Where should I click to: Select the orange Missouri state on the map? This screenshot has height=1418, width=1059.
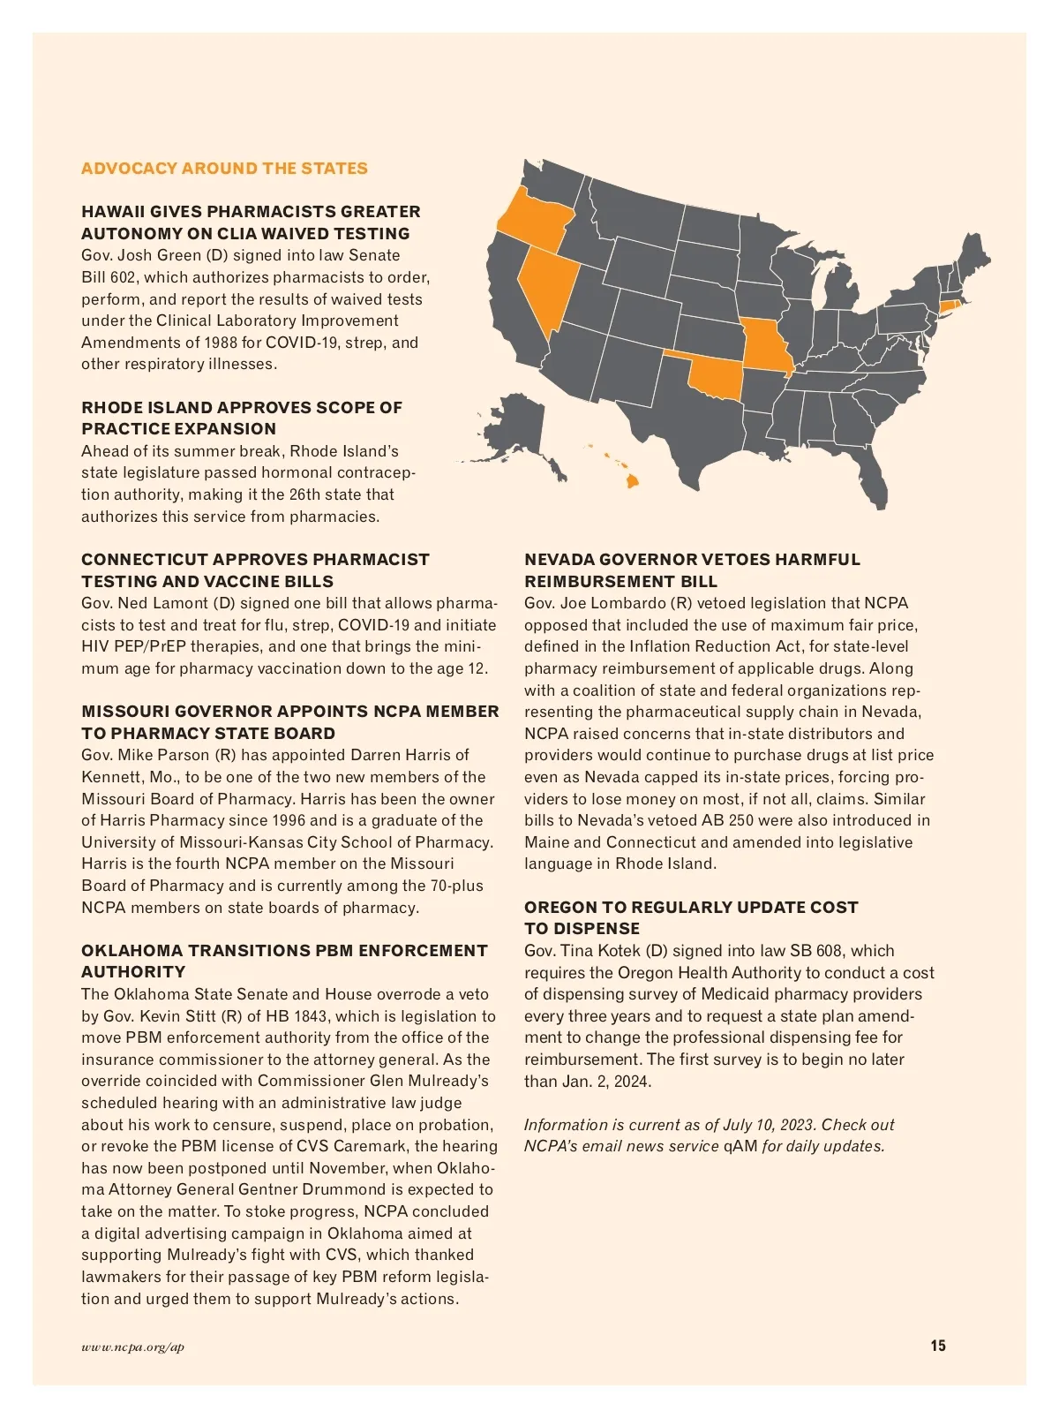tap(766, 344)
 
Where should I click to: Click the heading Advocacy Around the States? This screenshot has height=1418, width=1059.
tap(224, 169)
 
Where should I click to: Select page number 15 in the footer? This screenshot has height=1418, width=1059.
tap(937, 1346)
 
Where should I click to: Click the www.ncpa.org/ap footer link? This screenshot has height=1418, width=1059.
tap(132, 1347)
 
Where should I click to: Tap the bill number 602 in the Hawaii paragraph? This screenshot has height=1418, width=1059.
tap(124, 277)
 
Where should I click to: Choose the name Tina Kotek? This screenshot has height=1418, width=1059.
tap(600, 951)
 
